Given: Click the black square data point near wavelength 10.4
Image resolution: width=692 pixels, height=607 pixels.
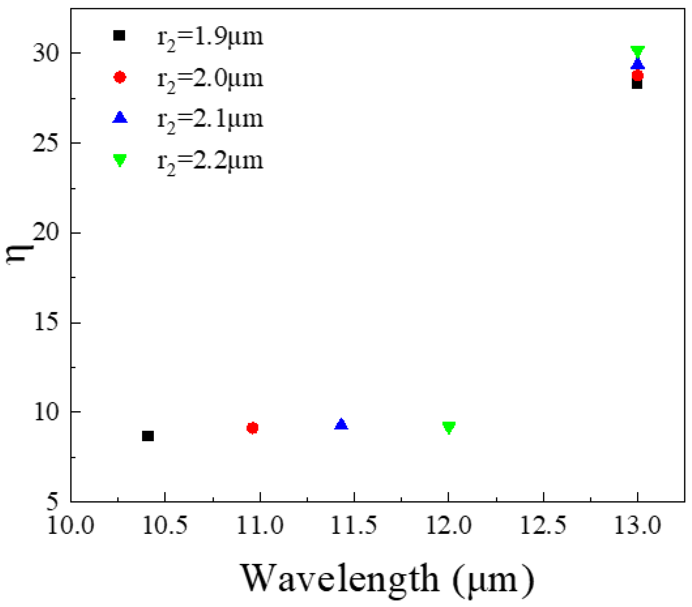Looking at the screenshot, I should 148,436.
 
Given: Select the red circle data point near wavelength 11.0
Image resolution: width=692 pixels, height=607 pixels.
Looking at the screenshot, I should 253,428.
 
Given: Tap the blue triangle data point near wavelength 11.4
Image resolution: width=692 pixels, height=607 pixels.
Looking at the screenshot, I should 341,424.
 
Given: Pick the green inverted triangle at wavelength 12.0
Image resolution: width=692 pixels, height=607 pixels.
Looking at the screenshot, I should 449,427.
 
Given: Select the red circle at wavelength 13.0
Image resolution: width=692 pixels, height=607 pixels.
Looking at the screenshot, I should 638,75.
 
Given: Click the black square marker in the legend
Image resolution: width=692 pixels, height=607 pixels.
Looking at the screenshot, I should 119,35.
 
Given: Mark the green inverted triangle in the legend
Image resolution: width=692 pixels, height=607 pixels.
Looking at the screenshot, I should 120,160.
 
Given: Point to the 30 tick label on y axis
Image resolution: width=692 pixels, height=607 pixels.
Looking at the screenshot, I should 46,53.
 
